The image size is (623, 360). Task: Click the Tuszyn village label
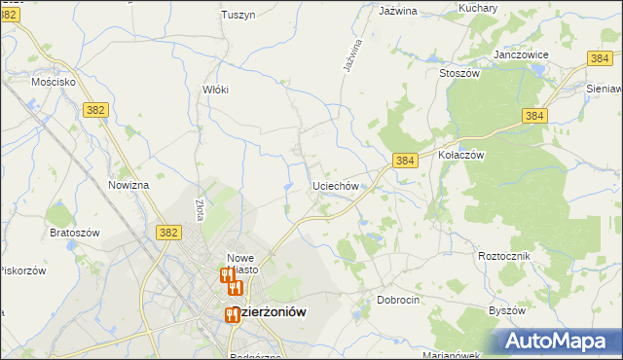tap(238, 15)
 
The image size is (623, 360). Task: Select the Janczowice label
tap(521, 54)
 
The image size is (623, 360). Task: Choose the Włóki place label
tap(214, 90)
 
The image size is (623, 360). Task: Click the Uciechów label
tap(337, 185)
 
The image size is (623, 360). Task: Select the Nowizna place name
tap(128, 185)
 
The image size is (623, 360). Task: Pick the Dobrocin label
tap(398, 301)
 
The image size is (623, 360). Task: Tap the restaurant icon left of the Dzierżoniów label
tap(232, 314)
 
